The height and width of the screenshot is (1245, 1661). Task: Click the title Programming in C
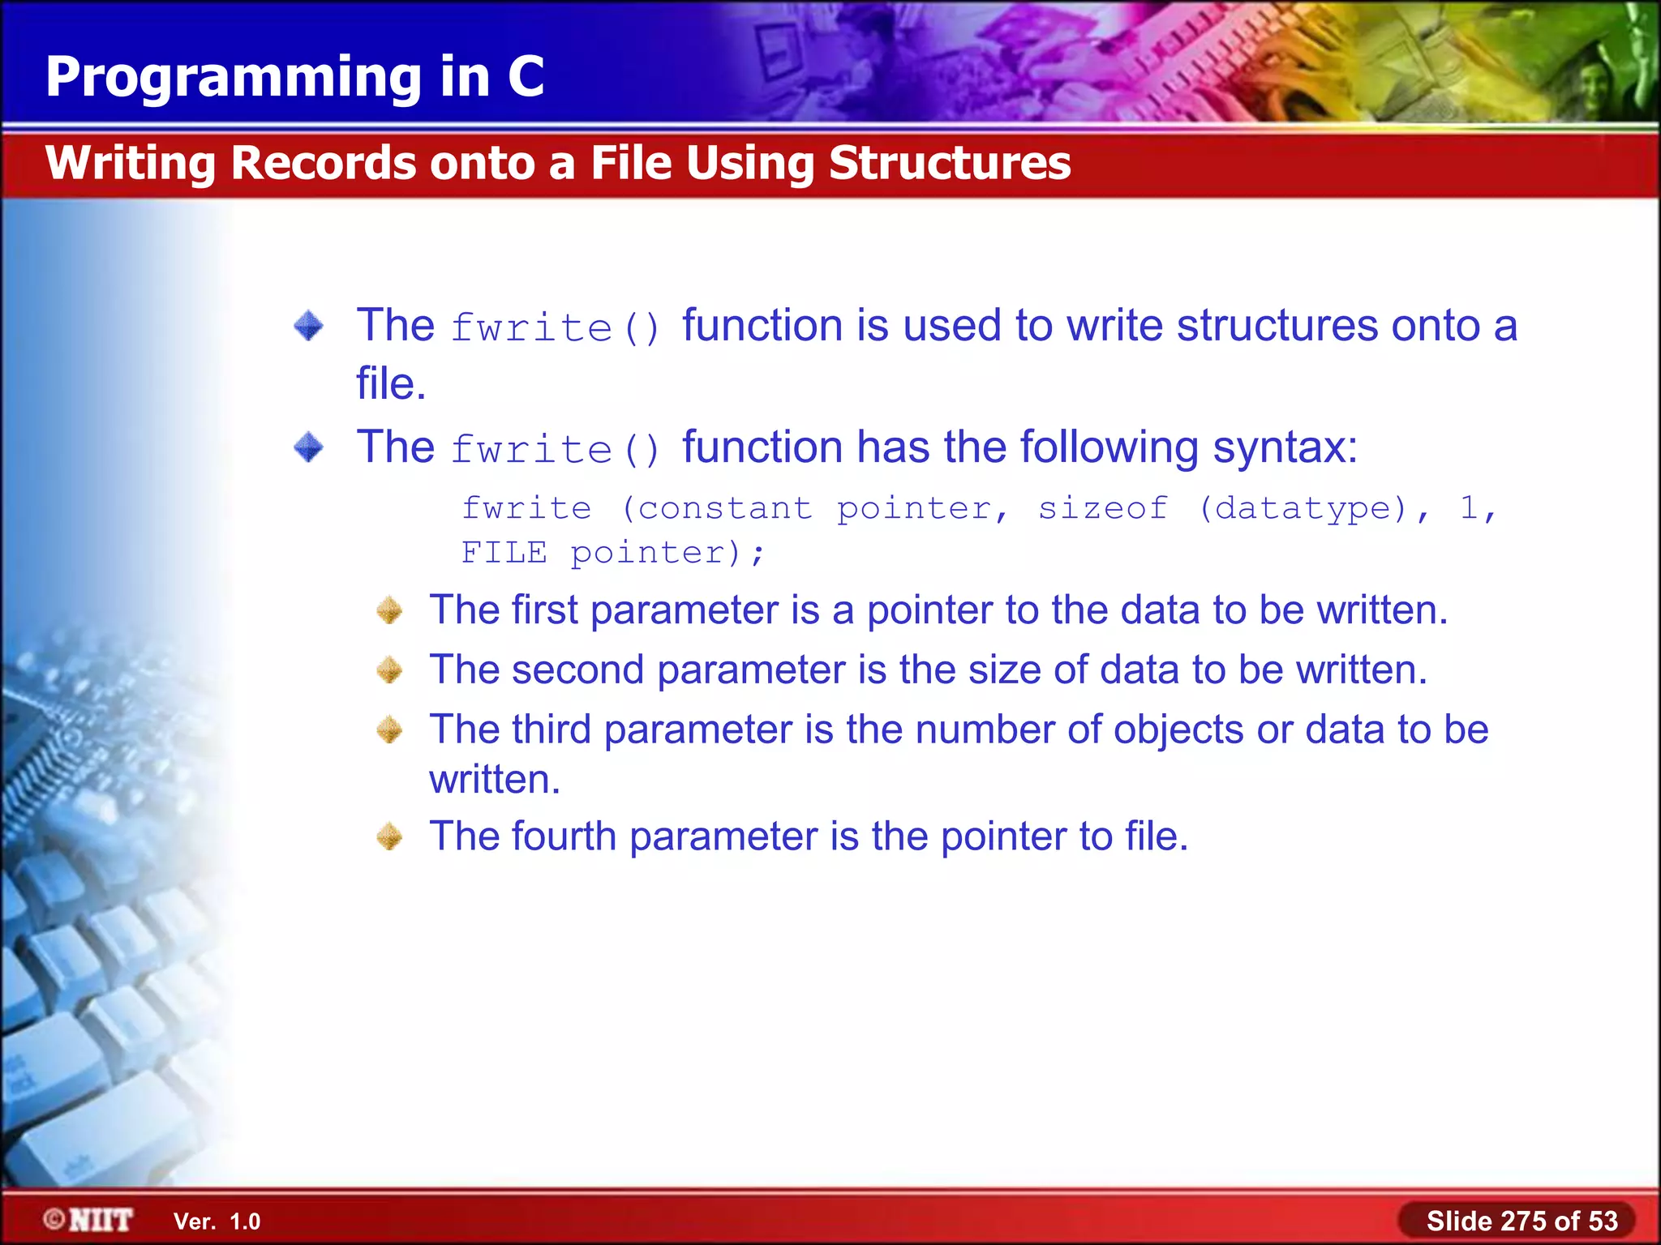[294, 77]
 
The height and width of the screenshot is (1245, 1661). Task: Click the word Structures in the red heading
[949, 163]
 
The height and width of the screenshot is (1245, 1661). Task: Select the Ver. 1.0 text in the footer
[217, 1221]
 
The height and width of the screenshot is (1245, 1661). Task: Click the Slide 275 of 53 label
[1522, 1221]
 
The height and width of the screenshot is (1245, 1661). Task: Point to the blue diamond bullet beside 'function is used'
[308, 326]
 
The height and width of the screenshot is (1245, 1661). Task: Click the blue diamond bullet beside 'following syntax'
[308, 447]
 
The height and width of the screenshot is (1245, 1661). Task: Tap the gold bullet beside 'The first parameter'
[390, 610]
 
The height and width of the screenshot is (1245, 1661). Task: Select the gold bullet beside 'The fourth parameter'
[390, 836]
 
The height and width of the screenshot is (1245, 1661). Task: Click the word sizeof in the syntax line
[1103, 508]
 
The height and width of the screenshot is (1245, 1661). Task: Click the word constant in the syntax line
[724, 508]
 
